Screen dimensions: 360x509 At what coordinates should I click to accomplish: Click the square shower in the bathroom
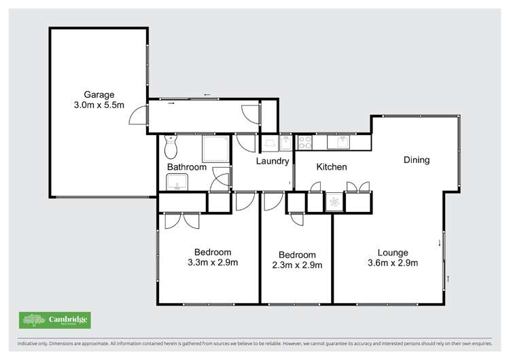215,147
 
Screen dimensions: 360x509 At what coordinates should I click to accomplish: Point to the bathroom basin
177,182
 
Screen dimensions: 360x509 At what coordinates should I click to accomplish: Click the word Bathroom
187,167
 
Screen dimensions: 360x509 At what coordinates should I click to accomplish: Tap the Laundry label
273,162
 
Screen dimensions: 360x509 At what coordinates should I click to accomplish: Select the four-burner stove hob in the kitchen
304,143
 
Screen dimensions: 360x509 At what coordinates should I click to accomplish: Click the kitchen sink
338,142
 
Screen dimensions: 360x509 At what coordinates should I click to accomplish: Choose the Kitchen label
332,167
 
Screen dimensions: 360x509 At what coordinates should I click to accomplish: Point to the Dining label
417,160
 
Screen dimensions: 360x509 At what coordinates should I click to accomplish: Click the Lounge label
392,253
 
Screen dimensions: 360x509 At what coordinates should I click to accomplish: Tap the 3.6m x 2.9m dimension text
392,264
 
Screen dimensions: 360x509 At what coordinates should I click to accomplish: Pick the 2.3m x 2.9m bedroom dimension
297,265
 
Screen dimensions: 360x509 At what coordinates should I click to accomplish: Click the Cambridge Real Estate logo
55,320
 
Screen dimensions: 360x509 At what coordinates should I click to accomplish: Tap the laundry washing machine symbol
269,143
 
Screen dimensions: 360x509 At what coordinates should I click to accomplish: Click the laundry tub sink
285,143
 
